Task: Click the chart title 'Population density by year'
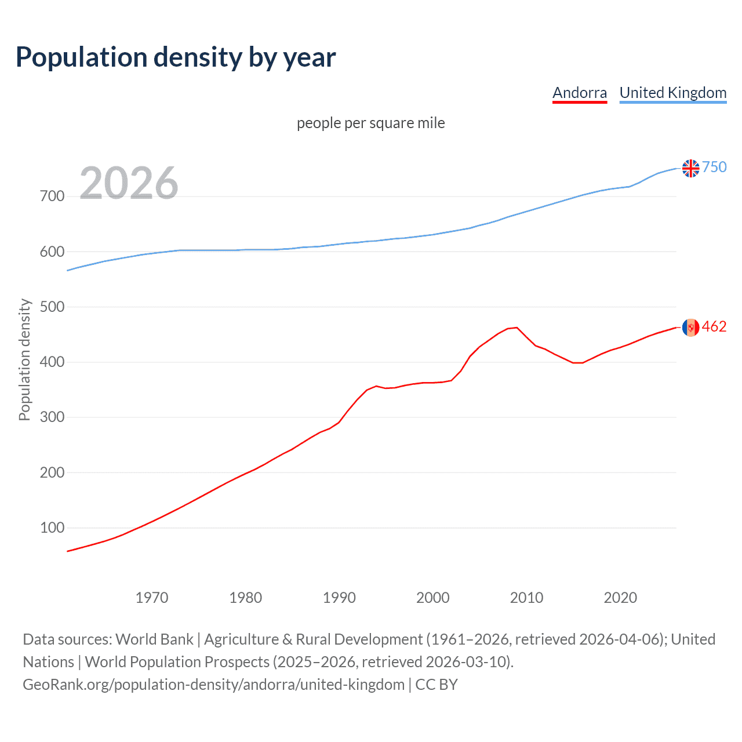(x=176, y=57)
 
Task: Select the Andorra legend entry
(x=579, y=93)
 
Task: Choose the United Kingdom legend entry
(x=672, y=93)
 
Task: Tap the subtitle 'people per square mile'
(x=370, y=123)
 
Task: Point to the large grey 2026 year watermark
(x=129, y=183)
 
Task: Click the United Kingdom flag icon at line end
(x=690, y=168)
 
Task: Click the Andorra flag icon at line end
(x=690, y=328)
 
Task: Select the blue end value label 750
(x=714, y=168)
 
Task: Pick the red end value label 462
(x=714, y=327)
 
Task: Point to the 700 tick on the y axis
(x=52, y=197)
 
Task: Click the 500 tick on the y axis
(x=52, y=307)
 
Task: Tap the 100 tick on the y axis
(x=52, y=528)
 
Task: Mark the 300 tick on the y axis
(x=52, y=417)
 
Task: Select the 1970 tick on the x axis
(x=152, y=598)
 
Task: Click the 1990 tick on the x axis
(x=339, y=598)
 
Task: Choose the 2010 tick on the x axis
(x=526, y=598)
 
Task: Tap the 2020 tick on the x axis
(x=620, y=598)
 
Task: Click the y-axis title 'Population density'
(x=24, y=359)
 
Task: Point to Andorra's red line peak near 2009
(x=517, y=328)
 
